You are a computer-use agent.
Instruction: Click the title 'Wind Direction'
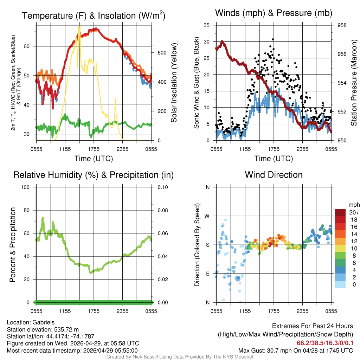274,175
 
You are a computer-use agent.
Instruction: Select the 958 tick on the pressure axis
342,25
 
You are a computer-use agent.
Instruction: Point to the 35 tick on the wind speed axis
207,25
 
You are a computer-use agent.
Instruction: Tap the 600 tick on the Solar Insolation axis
161,53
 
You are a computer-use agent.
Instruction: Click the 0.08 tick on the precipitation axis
162,210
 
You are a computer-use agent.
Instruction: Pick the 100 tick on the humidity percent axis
28,187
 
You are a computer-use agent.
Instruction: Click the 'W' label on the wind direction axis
207,216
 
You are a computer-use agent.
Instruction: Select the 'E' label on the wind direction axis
207,274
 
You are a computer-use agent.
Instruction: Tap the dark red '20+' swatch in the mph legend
340,213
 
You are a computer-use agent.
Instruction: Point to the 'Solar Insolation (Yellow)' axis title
174,83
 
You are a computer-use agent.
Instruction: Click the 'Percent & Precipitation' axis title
13,245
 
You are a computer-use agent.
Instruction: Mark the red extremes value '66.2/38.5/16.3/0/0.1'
325,343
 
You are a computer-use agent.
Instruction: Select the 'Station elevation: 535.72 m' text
39,329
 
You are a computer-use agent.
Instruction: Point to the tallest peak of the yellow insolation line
79,25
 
